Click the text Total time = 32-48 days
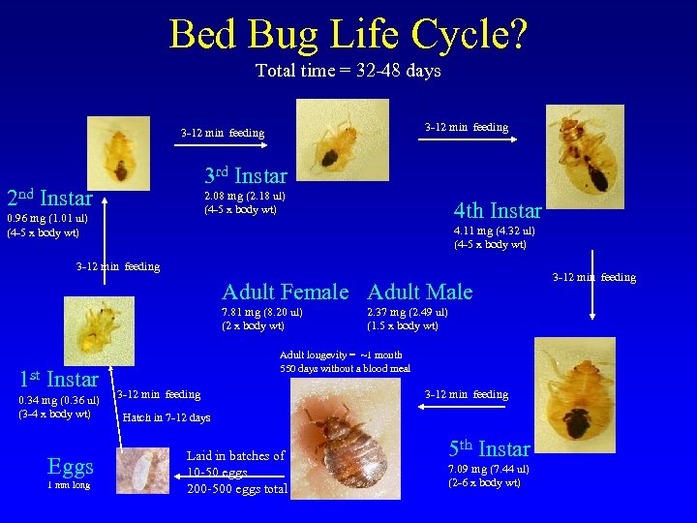(x=348, y=71)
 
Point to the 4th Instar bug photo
(x=581, y=148)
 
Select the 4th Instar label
(x=498, y=210)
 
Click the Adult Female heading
(x=285, y=292)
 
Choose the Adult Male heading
(x=420, y=292)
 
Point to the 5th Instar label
(x=489, y=448)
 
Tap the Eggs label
(x=71, y=467)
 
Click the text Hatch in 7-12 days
(x=166, y=418)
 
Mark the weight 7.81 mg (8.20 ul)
(x=262, y=312)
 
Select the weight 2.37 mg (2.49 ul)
(x=407, y=312)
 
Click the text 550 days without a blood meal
(x=345, y=368)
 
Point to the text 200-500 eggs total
(x=237, y=489)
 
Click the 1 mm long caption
(x=68, y=485)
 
